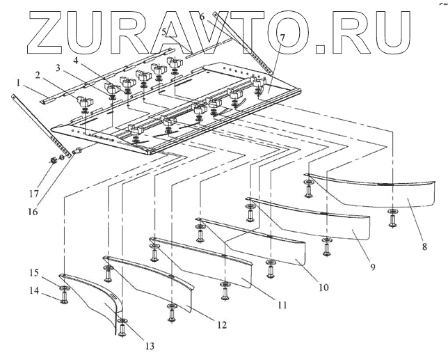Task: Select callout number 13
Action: [149, 344]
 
